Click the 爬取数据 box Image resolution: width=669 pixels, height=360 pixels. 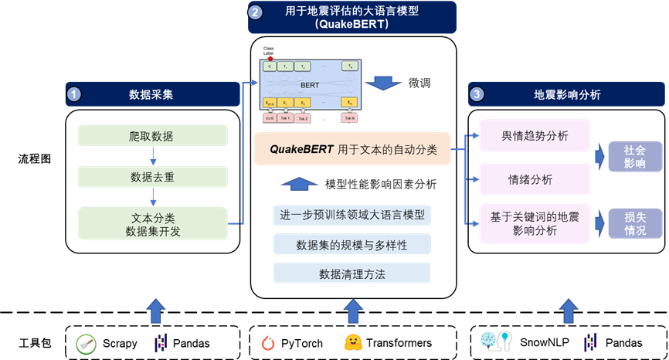[152, 136]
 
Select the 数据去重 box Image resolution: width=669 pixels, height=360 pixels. [152, 176]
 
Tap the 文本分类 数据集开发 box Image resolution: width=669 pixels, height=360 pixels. [152, 223]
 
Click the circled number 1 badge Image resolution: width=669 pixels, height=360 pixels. [74, 94]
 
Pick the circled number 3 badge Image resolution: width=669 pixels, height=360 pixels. [477, 94]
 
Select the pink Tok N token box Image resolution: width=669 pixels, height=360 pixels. [350, 118]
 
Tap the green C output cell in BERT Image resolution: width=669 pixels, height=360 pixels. [269, 66]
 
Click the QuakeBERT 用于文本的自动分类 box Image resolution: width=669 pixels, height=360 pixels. [353, 150]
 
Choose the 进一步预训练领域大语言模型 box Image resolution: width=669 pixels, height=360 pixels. [352, 215]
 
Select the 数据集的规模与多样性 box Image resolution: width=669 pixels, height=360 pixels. [352, 245]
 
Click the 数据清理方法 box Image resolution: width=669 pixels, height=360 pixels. [352, 273]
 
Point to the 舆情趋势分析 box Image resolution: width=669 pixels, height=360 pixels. [535, 135]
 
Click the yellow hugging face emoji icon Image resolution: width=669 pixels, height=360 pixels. [353, 342]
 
